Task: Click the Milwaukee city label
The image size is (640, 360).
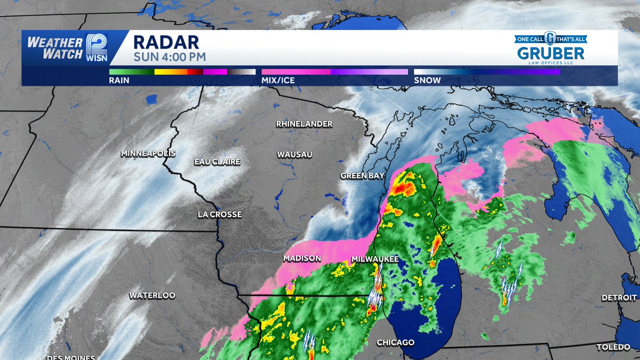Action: point(375,259)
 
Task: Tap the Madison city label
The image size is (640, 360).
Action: point(302,258)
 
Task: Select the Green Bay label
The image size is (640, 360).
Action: point(363,175)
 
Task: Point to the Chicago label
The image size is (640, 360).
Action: point(396,342)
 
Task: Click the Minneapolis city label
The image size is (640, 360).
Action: point(148,154)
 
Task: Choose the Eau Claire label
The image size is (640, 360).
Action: point(217,162)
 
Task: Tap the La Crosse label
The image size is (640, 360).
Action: point(219,214)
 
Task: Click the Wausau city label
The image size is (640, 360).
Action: point(294,155)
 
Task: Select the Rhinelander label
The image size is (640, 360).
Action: point(304,124)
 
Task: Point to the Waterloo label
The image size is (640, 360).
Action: point(152,295)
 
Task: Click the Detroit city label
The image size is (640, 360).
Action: point(619,298)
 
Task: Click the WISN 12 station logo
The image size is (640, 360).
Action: point(96,48)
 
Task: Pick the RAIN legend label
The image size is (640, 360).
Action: point(119,81)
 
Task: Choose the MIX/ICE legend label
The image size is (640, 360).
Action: point(278,81)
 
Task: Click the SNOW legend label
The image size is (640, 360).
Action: point(427,81)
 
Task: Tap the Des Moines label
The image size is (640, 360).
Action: point(71,357)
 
